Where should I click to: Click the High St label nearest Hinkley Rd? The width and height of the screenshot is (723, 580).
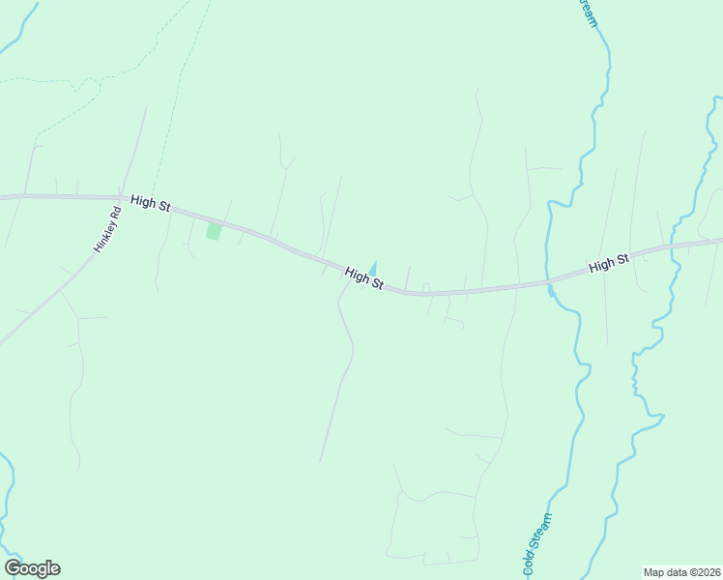pos(150,202)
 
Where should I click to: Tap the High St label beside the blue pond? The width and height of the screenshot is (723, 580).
pos(363,278)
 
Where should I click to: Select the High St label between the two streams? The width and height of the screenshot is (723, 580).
pos(609,262)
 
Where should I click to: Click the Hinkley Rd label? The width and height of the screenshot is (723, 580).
pos(106,230)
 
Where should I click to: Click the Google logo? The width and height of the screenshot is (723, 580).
pos(32,568)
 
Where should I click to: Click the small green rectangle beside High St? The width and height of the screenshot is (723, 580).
pos(214,231)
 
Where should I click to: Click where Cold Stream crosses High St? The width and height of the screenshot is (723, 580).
pos(549,282)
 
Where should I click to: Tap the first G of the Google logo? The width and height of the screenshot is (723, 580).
pos(12,568)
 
